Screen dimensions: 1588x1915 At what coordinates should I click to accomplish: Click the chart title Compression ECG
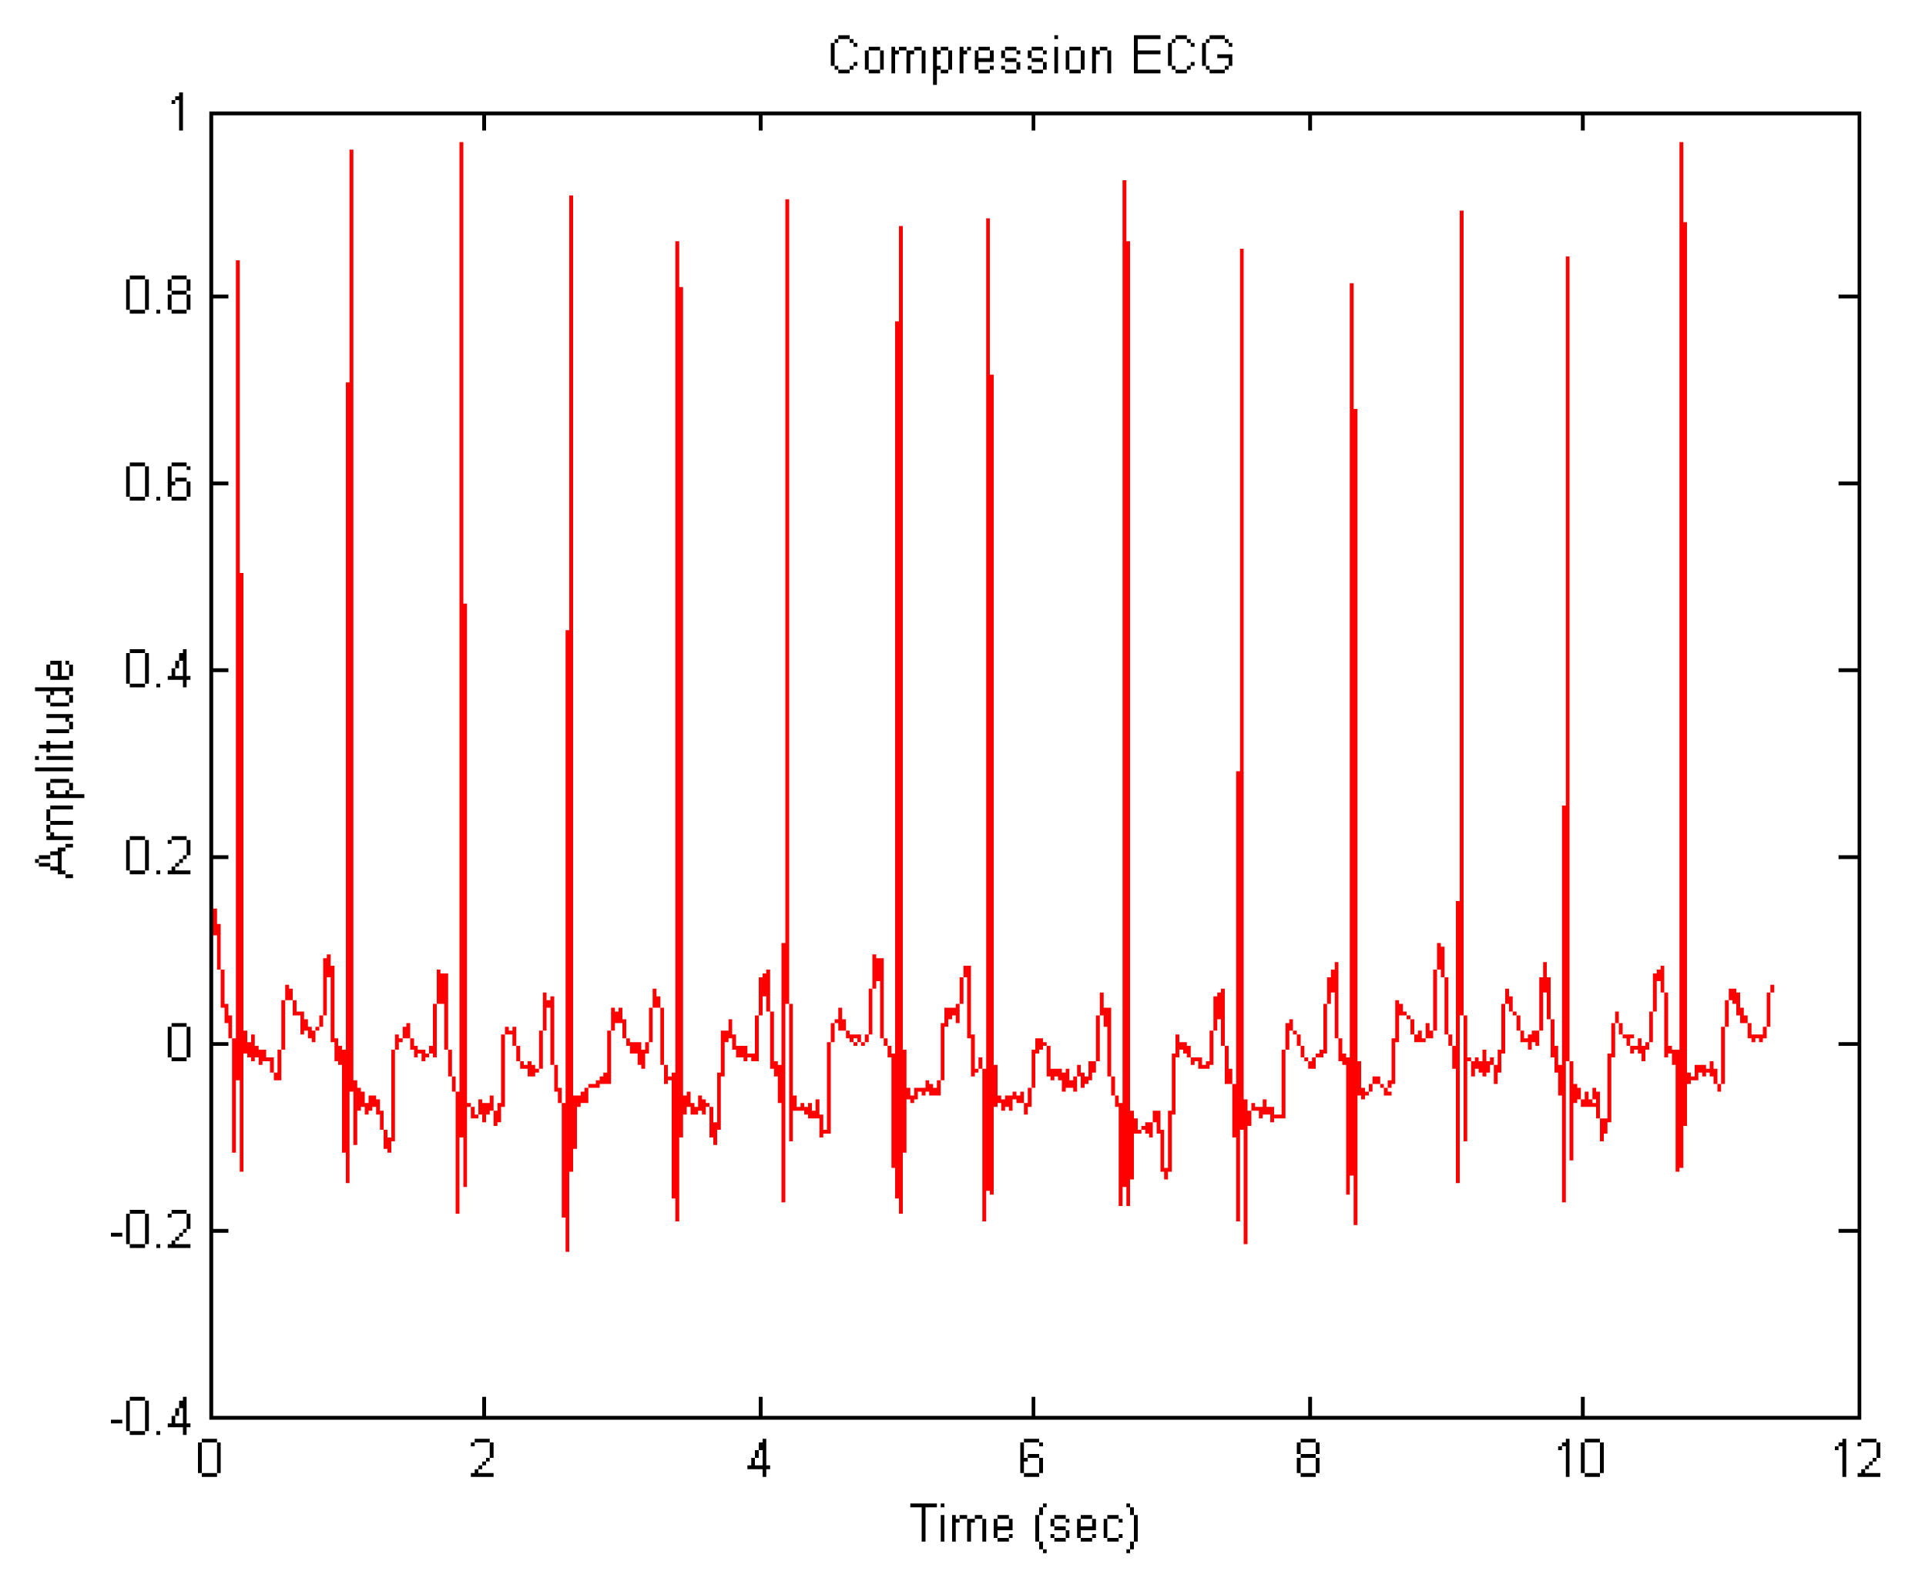click(x=1031, y=55)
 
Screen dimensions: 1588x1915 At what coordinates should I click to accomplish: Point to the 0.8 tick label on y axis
click(x=158, y=296)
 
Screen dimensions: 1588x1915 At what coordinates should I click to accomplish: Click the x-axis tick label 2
click(x=482, y=1459)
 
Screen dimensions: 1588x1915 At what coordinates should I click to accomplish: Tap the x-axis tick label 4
click(x=759, y=1459)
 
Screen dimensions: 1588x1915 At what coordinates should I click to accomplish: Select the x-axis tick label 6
click(x=1031, y=1459)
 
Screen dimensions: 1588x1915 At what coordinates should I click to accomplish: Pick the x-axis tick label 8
click(x=1308, y=1459)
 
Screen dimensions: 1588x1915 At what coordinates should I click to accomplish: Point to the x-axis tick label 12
click(x=1856, y=1459)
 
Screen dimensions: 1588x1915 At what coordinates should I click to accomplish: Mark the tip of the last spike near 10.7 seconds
click(x=1681, y=144)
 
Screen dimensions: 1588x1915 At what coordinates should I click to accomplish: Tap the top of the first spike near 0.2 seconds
click(x=237, y=263)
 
